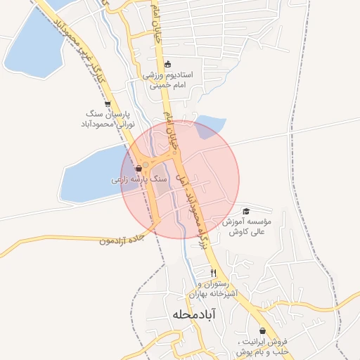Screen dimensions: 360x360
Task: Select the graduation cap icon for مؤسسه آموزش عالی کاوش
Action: coord(246,211)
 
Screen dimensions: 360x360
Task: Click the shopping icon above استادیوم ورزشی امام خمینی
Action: coord(167,63)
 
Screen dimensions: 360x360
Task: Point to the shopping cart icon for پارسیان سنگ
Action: coord(107,103)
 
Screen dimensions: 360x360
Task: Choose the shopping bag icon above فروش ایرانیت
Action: coord(262,330)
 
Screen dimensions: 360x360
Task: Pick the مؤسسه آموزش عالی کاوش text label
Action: coord(245,226)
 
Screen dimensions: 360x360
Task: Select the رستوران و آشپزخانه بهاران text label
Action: coord(214,288)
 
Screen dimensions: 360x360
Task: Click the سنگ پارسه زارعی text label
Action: coord(139,180)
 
